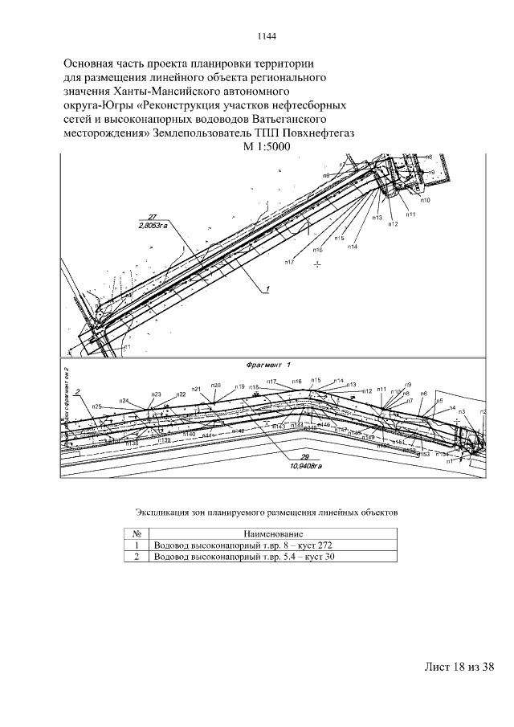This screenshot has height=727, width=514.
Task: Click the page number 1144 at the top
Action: click(x=267, y=36)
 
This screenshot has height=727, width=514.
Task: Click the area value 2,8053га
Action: click(x=153, y=227)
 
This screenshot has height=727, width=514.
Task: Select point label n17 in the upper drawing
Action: click(x=290, y=261)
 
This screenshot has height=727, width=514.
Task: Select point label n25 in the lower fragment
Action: click(x=96, y=406)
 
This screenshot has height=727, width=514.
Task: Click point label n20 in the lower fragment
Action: click(x=215, y=386)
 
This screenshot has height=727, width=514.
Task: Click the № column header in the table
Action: click(x=137, y=533)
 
